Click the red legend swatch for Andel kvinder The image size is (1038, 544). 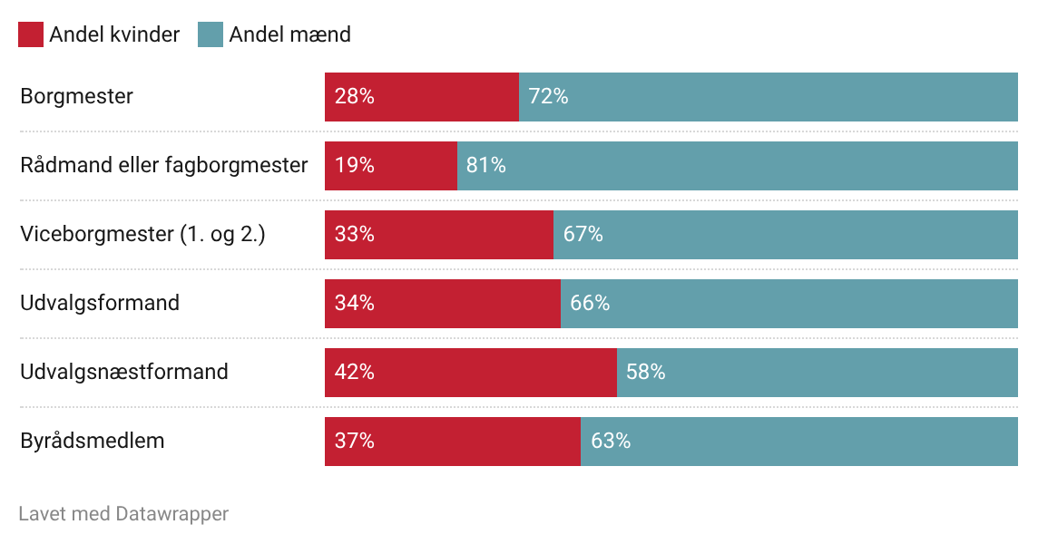coord(31,34)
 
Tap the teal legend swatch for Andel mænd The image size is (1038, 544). coord(211,34)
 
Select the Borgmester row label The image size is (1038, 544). coord(76,96)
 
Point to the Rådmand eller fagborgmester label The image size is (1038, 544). coord(164,165)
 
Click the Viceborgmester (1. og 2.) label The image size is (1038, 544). coord(142,234)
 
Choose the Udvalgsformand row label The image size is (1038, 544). coord(100,303)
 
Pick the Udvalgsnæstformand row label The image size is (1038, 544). coord(124,372)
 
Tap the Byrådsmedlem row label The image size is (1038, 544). coord(93,441)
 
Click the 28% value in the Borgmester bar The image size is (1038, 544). coord(354,96)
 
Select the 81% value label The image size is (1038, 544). coord(485,165)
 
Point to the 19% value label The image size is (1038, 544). coord(354,165)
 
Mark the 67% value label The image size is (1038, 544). coord(583,234)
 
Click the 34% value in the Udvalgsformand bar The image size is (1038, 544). coord(354,303)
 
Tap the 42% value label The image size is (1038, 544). coord(354,372)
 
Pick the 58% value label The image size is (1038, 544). coord(645,372)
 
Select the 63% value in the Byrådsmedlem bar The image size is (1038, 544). coord(611,441)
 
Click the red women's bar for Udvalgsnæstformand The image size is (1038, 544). coord(499,372)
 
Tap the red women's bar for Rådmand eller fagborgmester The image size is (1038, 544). coord(417,165)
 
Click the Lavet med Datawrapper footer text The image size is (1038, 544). coord(123,514)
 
